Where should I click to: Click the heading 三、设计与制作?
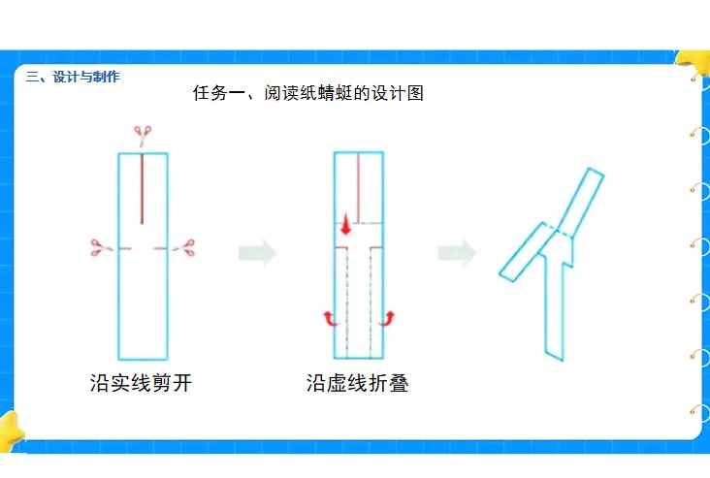pos(73,77)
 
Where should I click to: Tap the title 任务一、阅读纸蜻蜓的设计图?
pos(308,94)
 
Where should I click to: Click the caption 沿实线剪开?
pos(141,383)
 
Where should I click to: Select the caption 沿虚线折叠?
pos(357,383)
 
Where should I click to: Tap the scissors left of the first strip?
pos(98,248)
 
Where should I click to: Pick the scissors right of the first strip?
pos(182,248)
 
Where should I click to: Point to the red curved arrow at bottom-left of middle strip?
pos(331,318)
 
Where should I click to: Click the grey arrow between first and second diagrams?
pos(257,253)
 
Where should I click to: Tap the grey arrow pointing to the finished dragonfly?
pos(456,253)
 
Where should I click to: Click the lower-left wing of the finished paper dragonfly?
pos(524,252)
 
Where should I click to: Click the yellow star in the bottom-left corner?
pos(10,432)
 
